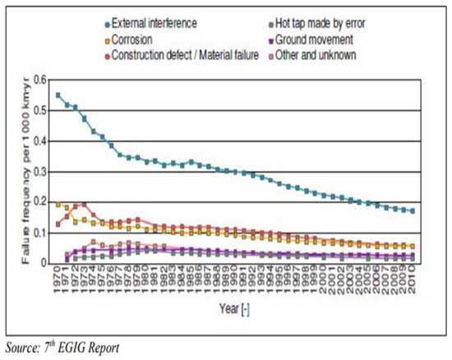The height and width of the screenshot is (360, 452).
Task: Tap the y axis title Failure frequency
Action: click(x=19, y=173)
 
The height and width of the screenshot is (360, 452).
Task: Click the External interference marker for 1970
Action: click(x=58, y=95)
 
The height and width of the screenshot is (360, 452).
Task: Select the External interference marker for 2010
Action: click(x=412, y=211)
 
